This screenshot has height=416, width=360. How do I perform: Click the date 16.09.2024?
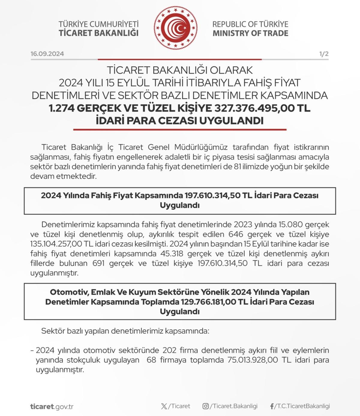(47, 54)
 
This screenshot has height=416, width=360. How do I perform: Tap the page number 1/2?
(324, 54)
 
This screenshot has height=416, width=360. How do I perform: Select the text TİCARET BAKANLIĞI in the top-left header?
(98, 33)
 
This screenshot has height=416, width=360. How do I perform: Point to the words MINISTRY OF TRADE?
(250, 33)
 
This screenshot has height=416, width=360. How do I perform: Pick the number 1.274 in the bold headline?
(61, 108)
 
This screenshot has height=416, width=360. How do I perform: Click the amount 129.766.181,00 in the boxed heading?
(208, 302)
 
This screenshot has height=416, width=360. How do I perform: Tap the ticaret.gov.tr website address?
(52, 407)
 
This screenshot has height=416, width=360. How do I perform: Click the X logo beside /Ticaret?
(164, 406)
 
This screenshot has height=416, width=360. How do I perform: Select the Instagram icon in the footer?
(205, 406)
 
